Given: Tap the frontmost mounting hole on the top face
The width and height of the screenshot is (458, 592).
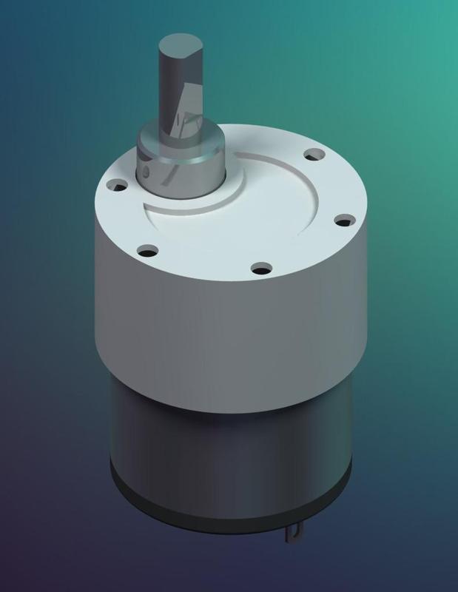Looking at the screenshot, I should pos(259,267).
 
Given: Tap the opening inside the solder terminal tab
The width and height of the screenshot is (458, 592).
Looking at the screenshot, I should pos(297,531).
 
